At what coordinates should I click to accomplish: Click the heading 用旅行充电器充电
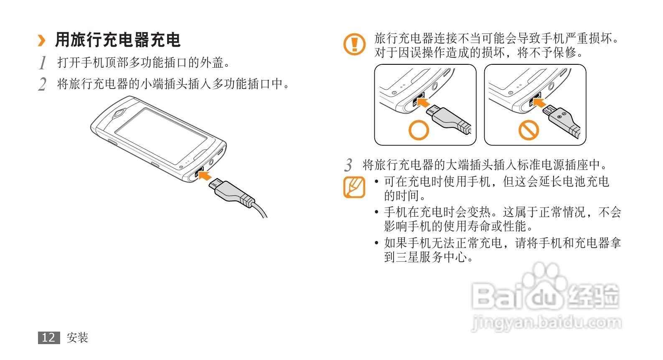coord(118,40)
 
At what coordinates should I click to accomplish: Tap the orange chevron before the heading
coord(42,41)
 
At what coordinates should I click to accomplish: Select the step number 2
coord(42,84)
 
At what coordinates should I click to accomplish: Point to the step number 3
coord(348,165)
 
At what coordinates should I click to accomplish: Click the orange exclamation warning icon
coord(354,44)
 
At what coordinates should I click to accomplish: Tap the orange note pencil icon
coord(354,187)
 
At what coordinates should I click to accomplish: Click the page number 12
coord(49,337)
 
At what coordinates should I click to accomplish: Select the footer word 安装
coord(77,337)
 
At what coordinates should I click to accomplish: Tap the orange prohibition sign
coord(528,130)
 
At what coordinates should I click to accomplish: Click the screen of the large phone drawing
coord(161,136)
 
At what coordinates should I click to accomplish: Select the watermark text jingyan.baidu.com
coord(546,323)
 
